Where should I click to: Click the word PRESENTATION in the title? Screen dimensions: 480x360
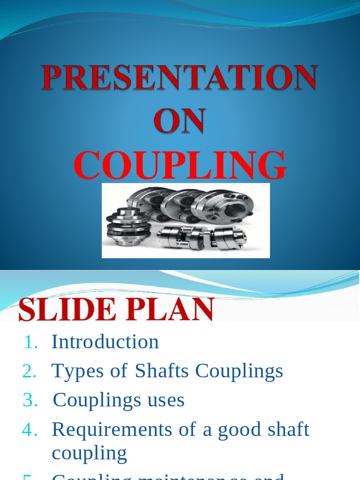click(180, 78)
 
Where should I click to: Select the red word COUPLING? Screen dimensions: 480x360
click(180, 165)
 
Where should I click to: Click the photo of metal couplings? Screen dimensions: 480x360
click(186, 220)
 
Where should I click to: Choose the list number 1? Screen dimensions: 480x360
click(31, 343)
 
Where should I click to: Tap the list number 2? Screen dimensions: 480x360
click(30, 371)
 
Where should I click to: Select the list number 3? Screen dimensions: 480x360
click(30, 400)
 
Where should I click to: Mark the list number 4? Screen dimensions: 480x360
click(30, 430)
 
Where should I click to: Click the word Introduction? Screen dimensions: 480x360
click(105, 342)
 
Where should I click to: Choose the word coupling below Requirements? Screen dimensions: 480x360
click(89, 453)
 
